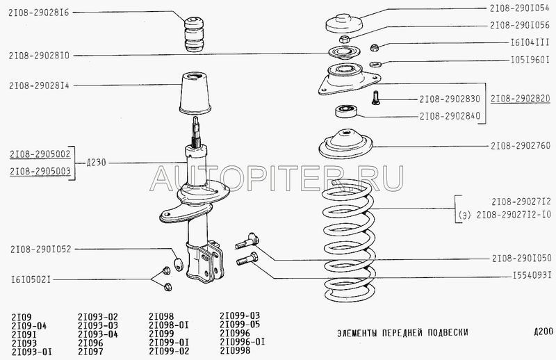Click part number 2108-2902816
[39, 13]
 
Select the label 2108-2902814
[39, 85]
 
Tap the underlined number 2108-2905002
[40, 154]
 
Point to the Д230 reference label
[96, 163]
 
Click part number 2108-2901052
[41, 249]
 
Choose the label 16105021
[31, 279]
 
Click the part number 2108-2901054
[519, 8]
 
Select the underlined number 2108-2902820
[520, 98]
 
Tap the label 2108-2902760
[521, 145]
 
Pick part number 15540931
[532, 275]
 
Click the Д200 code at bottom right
[543, 332]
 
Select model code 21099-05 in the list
[240, 324]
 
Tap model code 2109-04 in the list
[29, 325]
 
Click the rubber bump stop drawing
[195, 34]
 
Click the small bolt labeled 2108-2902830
[375, 97]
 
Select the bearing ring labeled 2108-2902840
[346, 111]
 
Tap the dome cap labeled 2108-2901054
[343, 24]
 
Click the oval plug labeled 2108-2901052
[179, 264]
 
